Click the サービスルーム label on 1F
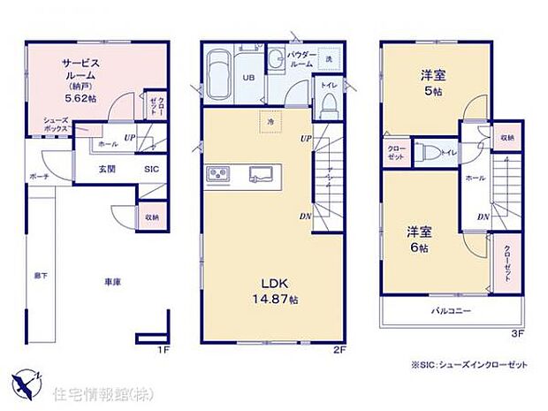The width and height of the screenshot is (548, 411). [80, 70]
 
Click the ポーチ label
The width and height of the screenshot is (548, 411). [39, 176]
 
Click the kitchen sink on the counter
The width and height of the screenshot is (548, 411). [263, 173]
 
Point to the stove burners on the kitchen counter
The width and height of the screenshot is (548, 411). [218, 173]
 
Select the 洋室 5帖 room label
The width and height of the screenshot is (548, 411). [433, 82]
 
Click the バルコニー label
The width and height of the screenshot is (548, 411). [451, 311]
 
